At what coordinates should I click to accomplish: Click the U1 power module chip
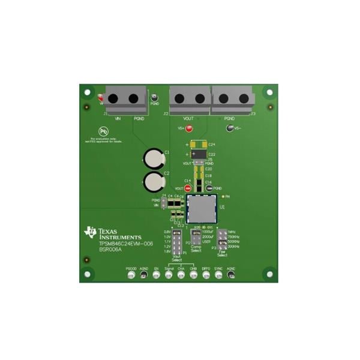201,208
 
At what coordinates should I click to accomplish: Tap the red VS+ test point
189,128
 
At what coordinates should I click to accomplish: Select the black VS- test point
229,128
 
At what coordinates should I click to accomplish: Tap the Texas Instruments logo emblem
91,232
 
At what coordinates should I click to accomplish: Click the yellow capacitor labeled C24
198,145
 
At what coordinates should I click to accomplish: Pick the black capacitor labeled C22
199,154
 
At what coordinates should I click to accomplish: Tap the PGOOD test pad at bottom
131,275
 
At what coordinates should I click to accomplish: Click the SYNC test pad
218,275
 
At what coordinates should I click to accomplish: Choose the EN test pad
156,275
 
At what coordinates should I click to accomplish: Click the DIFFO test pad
206,275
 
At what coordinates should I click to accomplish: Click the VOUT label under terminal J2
188,119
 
